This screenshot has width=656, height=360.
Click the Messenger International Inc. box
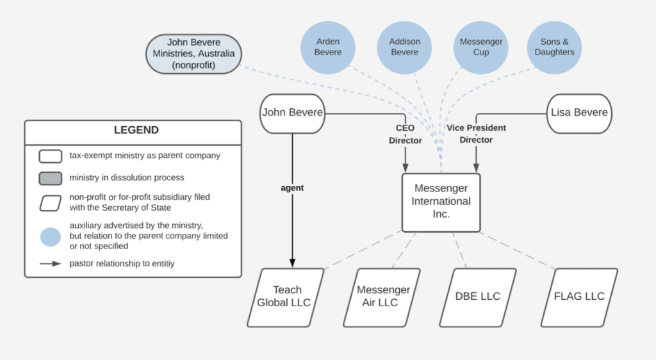coord(441,202)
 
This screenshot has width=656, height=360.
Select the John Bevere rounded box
coord(292,113)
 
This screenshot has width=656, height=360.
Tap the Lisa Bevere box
coord(579,113)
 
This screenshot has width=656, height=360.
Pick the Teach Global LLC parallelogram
coord(284,297)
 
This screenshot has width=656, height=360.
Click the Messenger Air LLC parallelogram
coord(382,297)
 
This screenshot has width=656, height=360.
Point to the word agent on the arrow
coord(293,188)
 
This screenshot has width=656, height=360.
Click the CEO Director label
coord(405,135)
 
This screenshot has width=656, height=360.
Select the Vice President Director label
coord(476,134)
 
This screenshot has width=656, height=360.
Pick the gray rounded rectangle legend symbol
coord(50,178)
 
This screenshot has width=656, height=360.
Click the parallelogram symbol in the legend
coord(50,202)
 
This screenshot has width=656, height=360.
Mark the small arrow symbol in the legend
coord(50,263)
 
